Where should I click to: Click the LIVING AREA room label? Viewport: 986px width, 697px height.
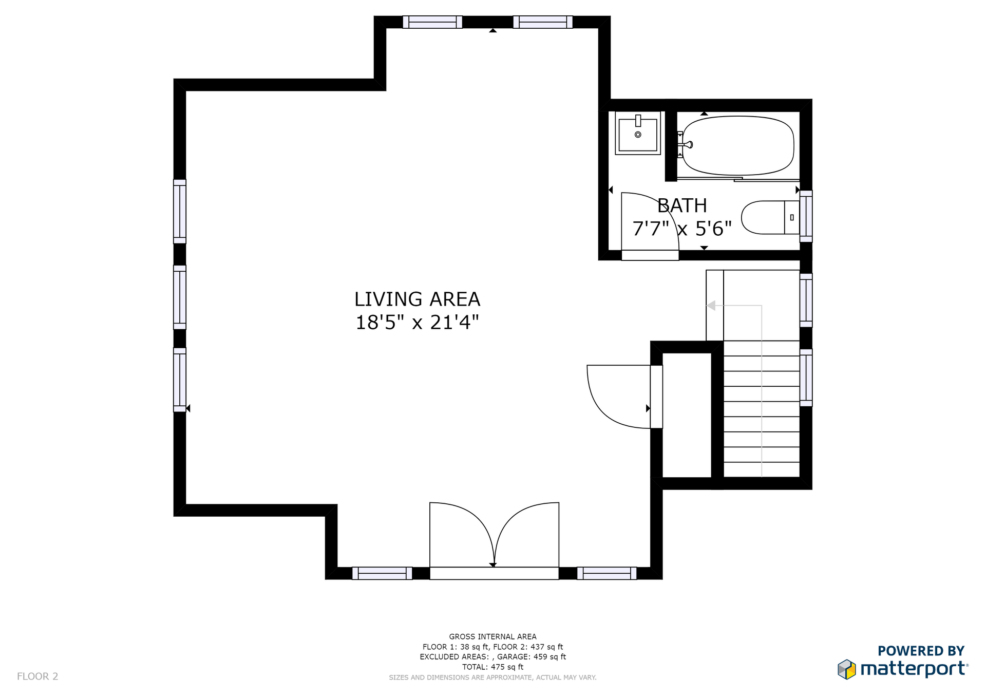(417, 299)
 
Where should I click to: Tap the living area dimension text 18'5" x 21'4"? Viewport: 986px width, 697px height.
(417, 323)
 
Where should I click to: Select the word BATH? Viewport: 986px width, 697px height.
(682, 205)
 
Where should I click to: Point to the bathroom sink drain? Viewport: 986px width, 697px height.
(638, 135)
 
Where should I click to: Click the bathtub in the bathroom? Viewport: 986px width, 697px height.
(738, 146)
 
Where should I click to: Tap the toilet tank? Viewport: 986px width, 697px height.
(792, 217)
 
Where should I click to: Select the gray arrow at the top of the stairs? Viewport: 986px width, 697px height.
(711, 306)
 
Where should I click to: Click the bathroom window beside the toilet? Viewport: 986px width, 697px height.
(806, 216)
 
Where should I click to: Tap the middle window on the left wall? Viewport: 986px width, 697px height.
(180, 297)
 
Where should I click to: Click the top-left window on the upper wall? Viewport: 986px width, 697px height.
(432, 22)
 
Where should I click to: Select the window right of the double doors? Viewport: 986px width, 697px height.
(607, 573)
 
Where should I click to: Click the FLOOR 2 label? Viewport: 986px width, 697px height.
(37, 676)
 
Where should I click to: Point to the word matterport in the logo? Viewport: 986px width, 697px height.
(914, 669)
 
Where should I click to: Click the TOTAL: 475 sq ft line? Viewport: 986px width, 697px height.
(493, 667)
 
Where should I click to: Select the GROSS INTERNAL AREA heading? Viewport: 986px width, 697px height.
(493, 636)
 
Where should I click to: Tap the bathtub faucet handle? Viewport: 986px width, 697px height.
(688, 144)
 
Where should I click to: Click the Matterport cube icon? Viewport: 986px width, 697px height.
(847, 669)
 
